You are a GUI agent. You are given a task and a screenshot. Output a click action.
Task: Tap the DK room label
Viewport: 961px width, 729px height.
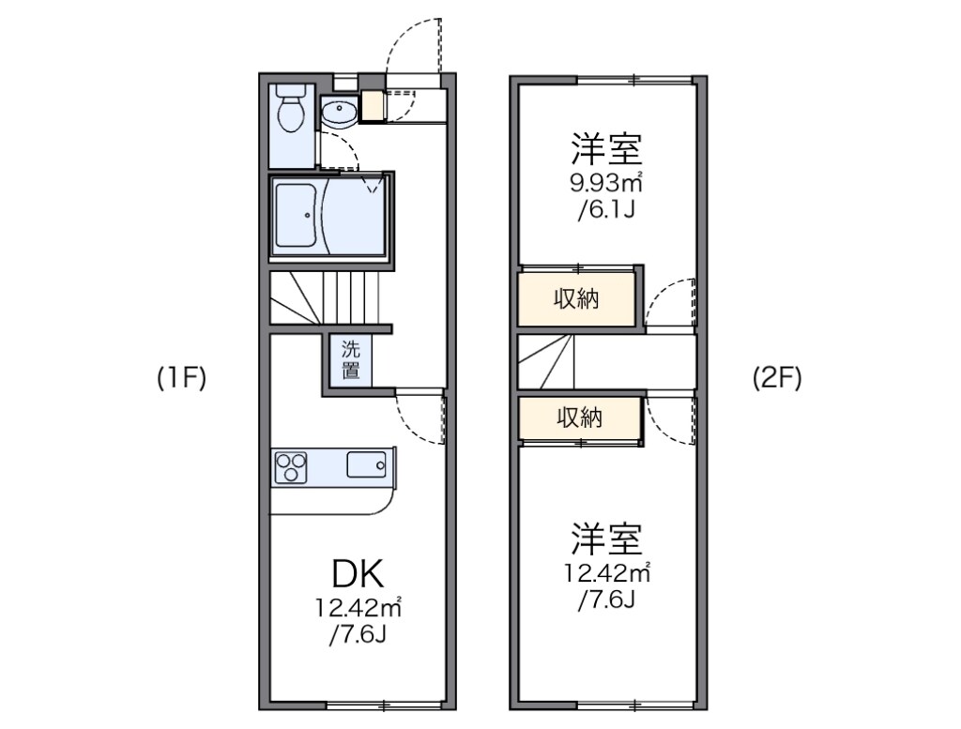click(x=357, y=573)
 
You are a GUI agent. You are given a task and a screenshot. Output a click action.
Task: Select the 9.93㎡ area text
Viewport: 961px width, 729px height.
click(x=604, y=181)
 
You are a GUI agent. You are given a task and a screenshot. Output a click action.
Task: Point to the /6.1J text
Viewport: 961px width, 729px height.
click(x=606, y=208)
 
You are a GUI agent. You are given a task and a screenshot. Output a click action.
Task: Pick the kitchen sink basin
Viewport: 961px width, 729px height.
click(x=367, y=464)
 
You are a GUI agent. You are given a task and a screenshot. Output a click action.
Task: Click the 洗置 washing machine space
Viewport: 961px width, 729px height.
click(x=350, y=358)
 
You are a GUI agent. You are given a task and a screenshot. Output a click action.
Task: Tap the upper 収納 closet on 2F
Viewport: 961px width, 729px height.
click(x=577, y=300)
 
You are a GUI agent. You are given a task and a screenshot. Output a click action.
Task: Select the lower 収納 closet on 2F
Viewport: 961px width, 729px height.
click(x=577, y=418)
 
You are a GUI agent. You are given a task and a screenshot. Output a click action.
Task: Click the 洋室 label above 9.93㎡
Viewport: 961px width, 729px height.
click(x=605, y=149)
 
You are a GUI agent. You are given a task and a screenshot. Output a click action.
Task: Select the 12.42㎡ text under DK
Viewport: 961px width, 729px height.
click(x=358, y=608)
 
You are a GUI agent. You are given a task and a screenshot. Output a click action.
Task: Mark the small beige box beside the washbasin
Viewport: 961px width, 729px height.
click(x=373, y=106)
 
